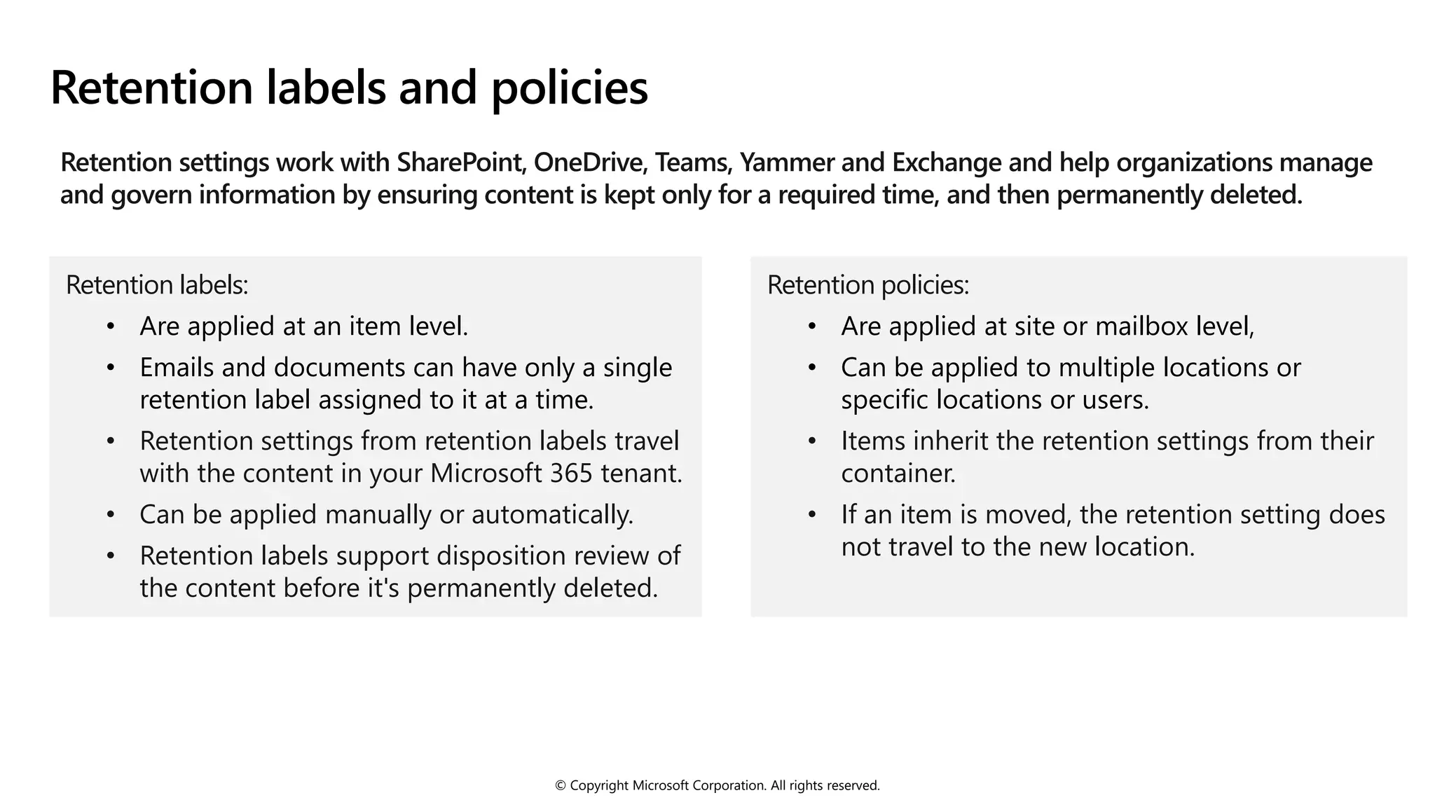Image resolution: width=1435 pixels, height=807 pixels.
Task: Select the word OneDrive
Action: [589, 163]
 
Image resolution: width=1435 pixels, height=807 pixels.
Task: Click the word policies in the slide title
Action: [569, 88]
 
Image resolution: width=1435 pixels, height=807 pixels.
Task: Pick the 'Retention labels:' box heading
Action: [157, 285]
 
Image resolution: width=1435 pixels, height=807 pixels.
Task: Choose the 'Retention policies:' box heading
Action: [868, 285]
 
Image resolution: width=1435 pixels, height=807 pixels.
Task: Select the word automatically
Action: [552, 515]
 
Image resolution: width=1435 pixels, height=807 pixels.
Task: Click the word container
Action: [898, 474]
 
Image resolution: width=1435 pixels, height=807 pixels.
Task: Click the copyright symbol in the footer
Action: [560, 786]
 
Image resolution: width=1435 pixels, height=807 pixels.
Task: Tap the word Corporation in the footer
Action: [729, 786]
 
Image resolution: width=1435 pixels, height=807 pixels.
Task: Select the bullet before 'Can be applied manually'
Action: [111, 515]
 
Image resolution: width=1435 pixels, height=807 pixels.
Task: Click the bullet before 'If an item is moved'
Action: [812, 515]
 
